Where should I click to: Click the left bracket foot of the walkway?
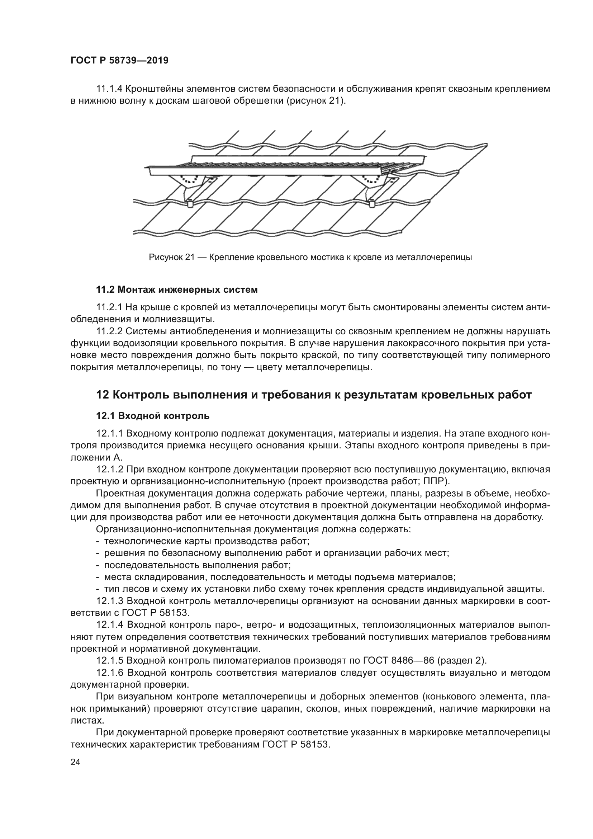191,203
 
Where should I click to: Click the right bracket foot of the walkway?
372,203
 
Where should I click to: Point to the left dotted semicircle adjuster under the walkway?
189,179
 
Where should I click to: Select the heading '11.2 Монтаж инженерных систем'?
177,290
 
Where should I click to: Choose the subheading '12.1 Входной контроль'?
153,416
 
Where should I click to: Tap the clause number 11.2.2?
110,331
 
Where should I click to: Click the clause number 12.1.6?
110,642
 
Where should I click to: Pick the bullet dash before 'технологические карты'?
98,541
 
